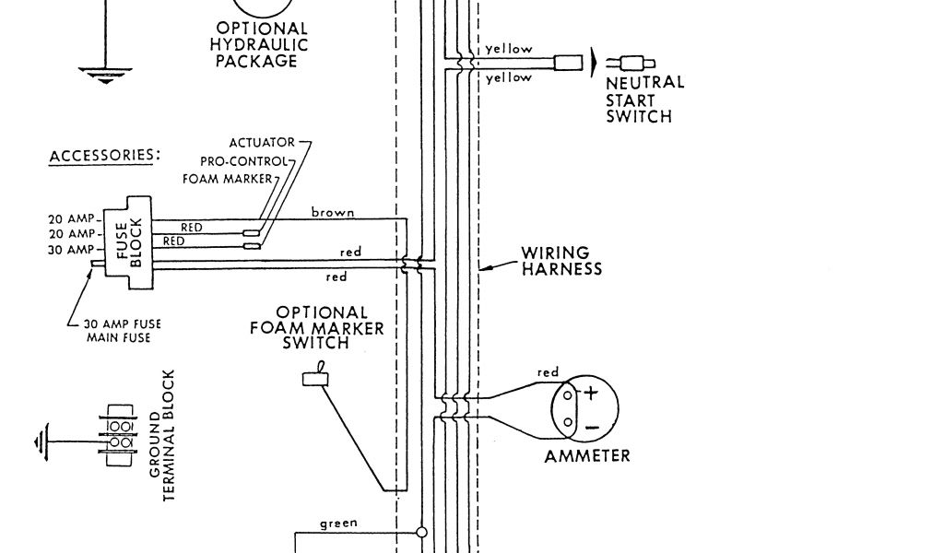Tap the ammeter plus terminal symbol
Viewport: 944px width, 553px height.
click(x=591, y=393)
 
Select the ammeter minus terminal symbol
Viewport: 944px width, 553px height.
click(x=591, y=427)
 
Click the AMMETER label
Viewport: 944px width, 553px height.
click(x=587, y=455)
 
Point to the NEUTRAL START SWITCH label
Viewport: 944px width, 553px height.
click(x=644, y=100)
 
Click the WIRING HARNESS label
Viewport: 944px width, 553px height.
click(x=561, y=261)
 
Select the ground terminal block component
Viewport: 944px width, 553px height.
click(x=118, y=435)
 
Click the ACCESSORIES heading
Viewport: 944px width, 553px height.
click(x=103, y=155)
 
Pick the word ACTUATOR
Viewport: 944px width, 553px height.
click(x=262, y=143)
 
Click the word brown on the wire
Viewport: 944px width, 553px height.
click(x=333, y=213)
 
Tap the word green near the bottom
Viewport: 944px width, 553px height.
click(x=338, y=524)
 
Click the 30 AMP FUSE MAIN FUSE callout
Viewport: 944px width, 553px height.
click(x=116, y=331)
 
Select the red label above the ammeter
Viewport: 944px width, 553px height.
click(x=548, y=372)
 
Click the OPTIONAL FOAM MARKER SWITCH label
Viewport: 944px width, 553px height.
click(x=316, y=327)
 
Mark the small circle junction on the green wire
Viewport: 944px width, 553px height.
click(x=421, y=532)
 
